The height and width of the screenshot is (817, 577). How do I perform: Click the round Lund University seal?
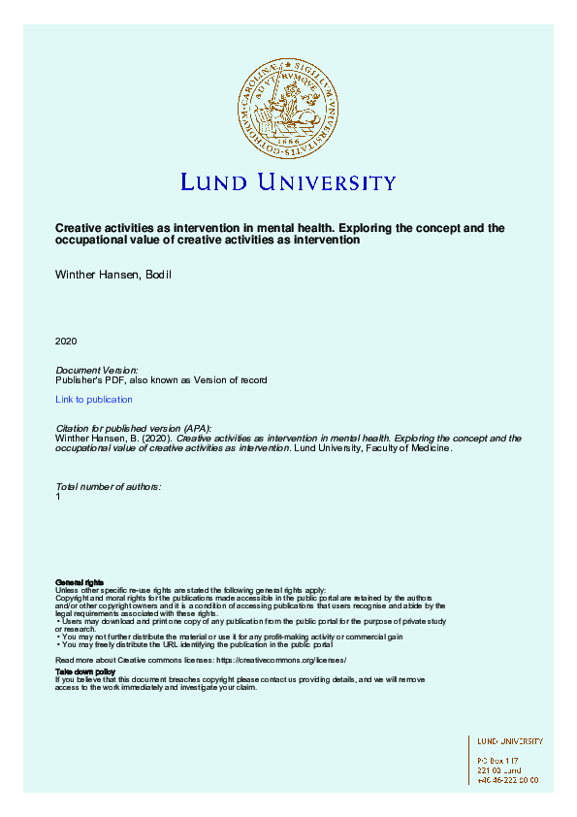point(288,106)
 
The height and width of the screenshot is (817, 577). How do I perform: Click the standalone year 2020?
point(66,342)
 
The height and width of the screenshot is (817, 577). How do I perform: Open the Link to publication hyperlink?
point(94,400)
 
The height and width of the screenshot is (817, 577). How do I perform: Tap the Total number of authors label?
point(108,486)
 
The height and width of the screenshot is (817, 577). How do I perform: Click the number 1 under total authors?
point(58,496)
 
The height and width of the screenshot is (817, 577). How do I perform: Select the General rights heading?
point(80,582)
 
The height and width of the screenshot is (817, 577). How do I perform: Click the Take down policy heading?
point(85,671)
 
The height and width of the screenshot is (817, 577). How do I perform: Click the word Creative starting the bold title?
point(76,229)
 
